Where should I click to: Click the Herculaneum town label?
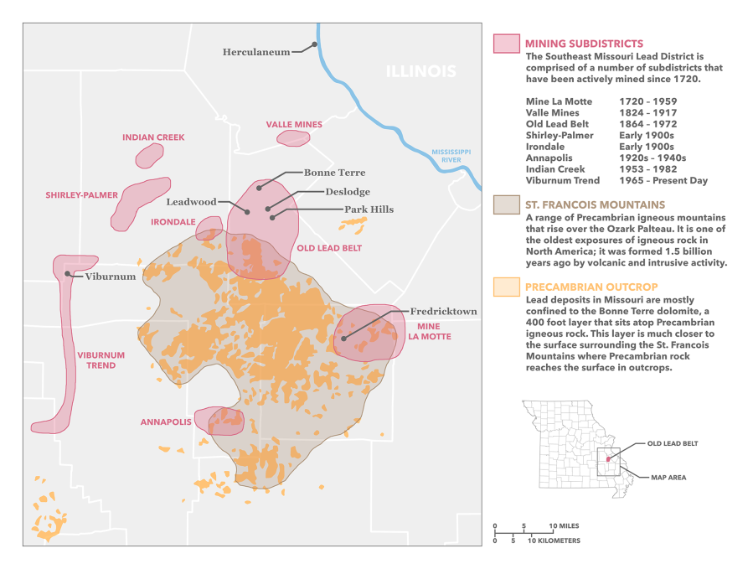click(x=255, y=52)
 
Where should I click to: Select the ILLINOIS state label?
click(x=420, y=71)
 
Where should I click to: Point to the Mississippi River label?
click(x=451, y=155)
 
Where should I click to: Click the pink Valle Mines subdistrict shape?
click(x=293, y=138)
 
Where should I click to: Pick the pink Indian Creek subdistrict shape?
click(x=150, y=155)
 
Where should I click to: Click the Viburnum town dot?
click(x=66, y=273)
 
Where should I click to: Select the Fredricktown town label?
click(x=443, y=312)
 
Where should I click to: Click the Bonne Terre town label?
click(x=334, y=173)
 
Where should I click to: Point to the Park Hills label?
click(x=369, y=209)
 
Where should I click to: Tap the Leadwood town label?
click(x=191, y=202)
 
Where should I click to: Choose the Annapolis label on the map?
click(x=165, y=422)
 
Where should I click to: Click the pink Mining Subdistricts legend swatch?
click(x=507, y=44)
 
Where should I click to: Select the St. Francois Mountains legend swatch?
click(x=507, y=205)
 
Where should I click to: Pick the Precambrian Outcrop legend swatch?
click(x=507, y=287)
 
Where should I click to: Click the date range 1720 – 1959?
click(x=647, y=101)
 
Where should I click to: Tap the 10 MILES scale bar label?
click(x=564, y=526)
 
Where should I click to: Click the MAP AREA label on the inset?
click(x=668, y=477)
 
